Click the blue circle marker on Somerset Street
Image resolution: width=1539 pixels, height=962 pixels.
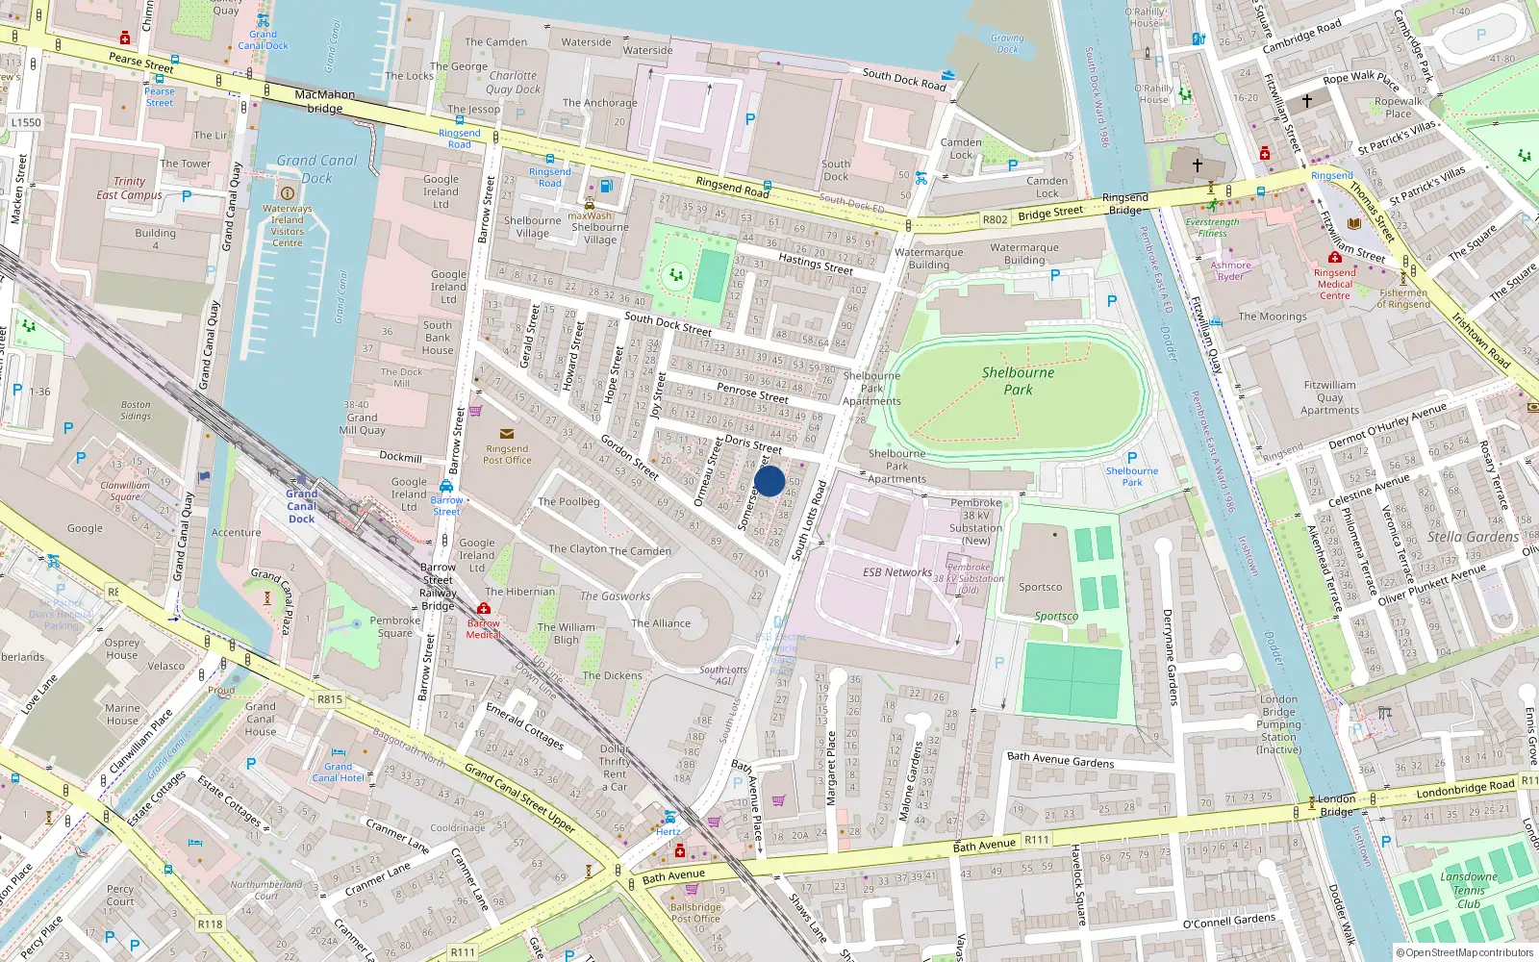coord(769,481)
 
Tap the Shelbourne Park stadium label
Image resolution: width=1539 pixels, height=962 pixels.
coord(1018,381)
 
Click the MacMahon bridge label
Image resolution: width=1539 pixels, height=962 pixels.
coord(325,101)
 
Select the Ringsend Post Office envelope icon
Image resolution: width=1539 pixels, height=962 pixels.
coord(507,435)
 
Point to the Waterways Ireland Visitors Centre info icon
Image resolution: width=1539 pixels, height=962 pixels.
coord(287,193)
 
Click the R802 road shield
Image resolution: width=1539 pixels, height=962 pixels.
coord(995,219)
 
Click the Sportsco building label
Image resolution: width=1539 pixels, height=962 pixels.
coord(1041,587)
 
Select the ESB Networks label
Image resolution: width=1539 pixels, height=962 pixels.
coord(896,571)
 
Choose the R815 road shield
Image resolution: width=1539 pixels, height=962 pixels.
coord(330,699)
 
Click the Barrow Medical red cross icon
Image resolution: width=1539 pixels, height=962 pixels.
coord(484,609)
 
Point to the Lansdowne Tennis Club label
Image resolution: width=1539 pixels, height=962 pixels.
coord(1469,890)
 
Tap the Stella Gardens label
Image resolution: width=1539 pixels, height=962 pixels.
coord(1473,537)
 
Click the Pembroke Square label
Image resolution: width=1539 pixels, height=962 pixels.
coord(395,626)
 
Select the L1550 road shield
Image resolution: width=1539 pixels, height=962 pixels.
coord(26,122)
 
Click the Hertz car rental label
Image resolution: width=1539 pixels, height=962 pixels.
coord(669,831)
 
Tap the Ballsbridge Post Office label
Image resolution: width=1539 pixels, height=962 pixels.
coord(695,913)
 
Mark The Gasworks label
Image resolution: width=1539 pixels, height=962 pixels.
coord(615,596)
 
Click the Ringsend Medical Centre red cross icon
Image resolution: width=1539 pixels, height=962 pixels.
coord(1334,258)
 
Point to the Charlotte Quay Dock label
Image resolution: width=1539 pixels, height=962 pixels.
coord(513,82)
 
